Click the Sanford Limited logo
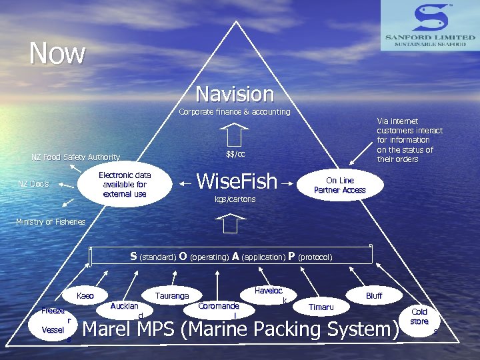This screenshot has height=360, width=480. [429, 25]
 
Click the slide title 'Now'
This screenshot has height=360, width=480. [57, 53]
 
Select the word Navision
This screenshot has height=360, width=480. [235, 93]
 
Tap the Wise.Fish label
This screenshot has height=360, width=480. [237, 181]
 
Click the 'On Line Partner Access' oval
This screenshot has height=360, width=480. [340, 185]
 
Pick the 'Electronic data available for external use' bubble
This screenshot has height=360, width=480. [125, 185]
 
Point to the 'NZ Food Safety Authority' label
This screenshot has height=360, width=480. [76, 157]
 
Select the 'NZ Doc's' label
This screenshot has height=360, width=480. [33, 183]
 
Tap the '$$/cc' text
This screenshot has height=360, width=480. [235, 155]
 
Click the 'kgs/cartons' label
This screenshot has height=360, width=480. [235, 199]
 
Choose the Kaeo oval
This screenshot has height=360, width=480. [85, 295]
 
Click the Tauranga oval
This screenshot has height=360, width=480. [172, 295]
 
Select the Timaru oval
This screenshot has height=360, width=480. [321, 307]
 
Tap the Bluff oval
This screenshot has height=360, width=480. [374, 295]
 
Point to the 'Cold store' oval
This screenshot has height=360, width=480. [419, 317]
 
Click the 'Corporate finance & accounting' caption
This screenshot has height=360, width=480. [235, 112]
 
